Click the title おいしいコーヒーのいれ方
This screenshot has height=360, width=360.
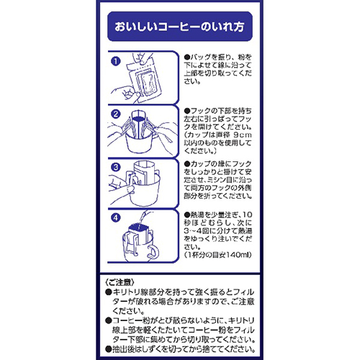179,27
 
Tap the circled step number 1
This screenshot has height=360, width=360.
116,61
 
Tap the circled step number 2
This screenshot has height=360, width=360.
116,114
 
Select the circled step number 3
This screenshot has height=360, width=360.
116,167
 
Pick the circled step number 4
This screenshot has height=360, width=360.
116,218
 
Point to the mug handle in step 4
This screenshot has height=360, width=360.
153,253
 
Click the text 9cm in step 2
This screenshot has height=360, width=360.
243,135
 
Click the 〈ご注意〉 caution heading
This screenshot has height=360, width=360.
120,282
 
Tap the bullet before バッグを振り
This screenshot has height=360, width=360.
187,58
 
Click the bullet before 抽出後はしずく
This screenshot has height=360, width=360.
109,349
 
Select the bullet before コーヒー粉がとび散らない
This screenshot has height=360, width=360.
109,320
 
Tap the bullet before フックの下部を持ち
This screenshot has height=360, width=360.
187,111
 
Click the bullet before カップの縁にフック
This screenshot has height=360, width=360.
187,164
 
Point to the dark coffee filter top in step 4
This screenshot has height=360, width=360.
138,228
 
